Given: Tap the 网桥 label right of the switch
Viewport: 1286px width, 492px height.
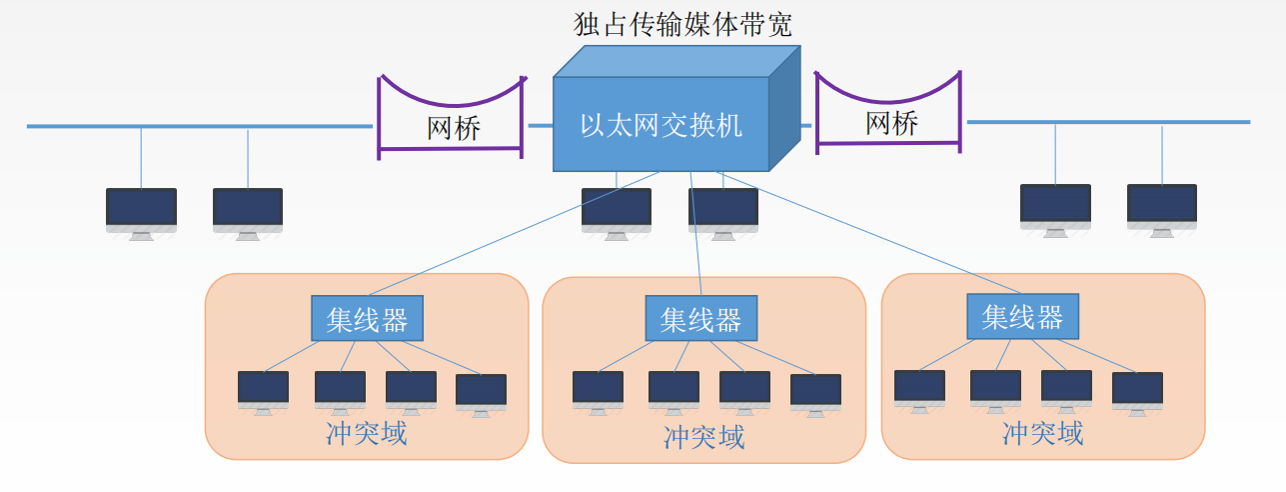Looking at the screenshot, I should point(890,124).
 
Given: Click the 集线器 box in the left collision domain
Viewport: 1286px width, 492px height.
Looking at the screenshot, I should point(367,319).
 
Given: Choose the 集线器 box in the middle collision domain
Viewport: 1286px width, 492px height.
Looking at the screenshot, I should point(700,319).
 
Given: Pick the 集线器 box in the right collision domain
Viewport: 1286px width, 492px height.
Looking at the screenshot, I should point(1022,317).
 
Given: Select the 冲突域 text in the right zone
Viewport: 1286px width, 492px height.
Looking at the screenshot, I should point(1042,433).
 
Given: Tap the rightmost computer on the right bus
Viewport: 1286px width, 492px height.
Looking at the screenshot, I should point(1161,206).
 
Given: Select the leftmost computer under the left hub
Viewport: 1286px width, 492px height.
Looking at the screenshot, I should point(263,389).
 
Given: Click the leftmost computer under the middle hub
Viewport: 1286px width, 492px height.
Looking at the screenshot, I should point(598,389).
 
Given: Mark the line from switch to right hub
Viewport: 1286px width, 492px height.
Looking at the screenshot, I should point(849,230).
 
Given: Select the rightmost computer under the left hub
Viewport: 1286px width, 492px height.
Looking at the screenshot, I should point(481,391).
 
